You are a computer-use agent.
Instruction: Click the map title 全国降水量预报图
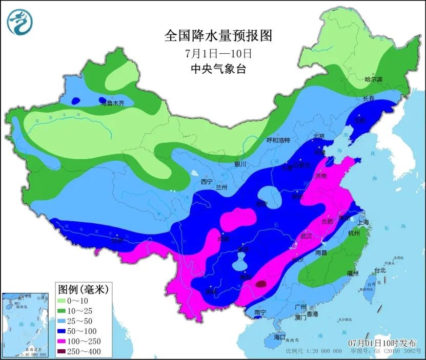[217, 36]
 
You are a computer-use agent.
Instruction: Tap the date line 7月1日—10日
[218, 53]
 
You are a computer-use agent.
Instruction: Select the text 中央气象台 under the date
[217, 69]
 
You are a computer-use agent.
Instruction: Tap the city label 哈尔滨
[373, 79]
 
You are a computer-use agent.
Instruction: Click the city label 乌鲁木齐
[113, 103]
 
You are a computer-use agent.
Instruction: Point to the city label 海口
[279, 338]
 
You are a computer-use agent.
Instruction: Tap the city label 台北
[379, 270]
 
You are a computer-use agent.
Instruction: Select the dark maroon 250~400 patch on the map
[261, 283]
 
